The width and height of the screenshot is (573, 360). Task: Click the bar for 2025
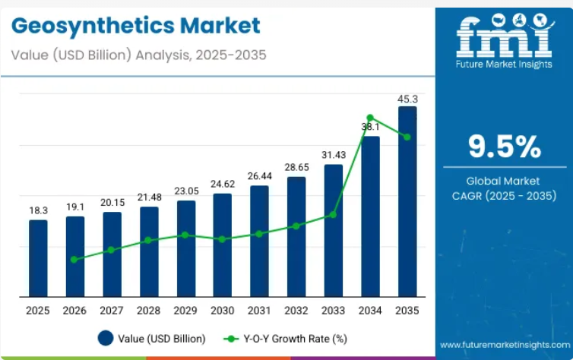pos(38,258)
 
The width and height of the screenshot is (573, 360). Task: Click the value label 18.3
pos(38,210)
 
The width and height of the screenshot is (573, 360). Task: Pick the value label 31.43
pos(334,154)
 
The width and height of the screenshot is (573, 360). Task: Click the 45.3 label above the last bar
pos(407,99)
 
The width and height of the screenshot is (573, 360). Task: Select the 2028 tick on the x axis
pos(149,311)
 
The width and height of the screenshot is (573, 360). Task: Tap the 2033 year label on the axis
pos(334,311)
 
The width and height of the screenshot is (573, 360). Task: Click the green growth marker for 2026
pos(74,259)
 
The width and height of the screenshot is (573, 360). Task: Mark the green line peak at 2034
pos(370,118)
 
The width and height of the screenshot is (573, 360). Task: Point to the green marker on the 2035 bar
pos(407,137)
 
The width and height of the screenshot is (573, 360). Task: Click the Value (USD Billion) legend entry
pos(152,338)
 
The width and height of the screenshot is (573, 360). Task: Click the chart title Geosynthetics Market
pos(137,26)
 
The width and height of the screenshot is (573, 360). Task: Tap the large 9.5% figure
pos(504,147)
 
